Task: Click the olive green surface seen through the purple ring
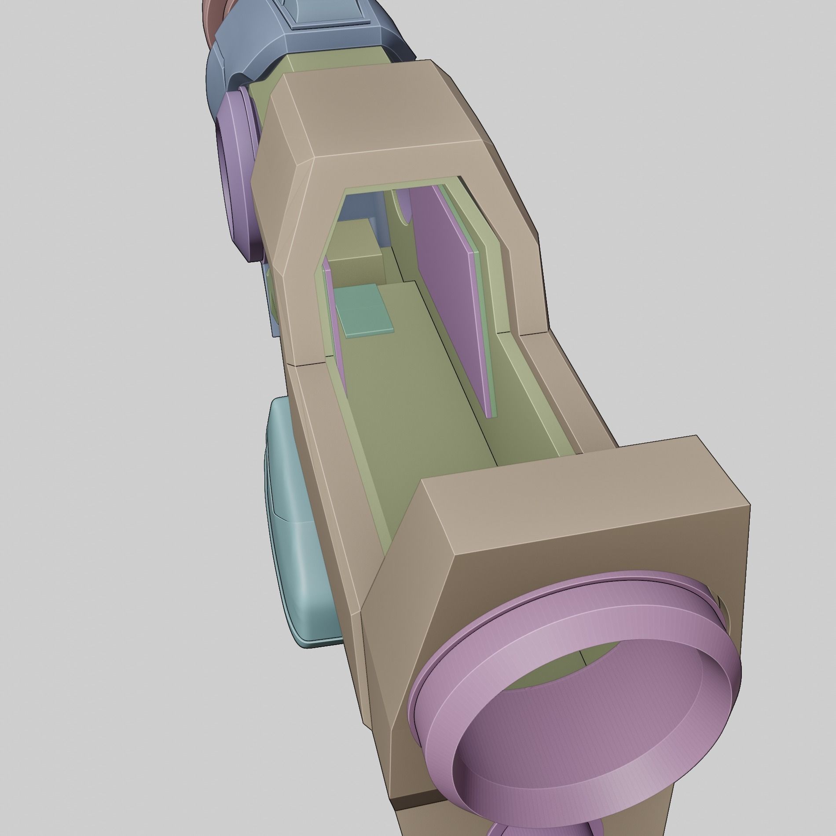[x=546, y=686]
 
